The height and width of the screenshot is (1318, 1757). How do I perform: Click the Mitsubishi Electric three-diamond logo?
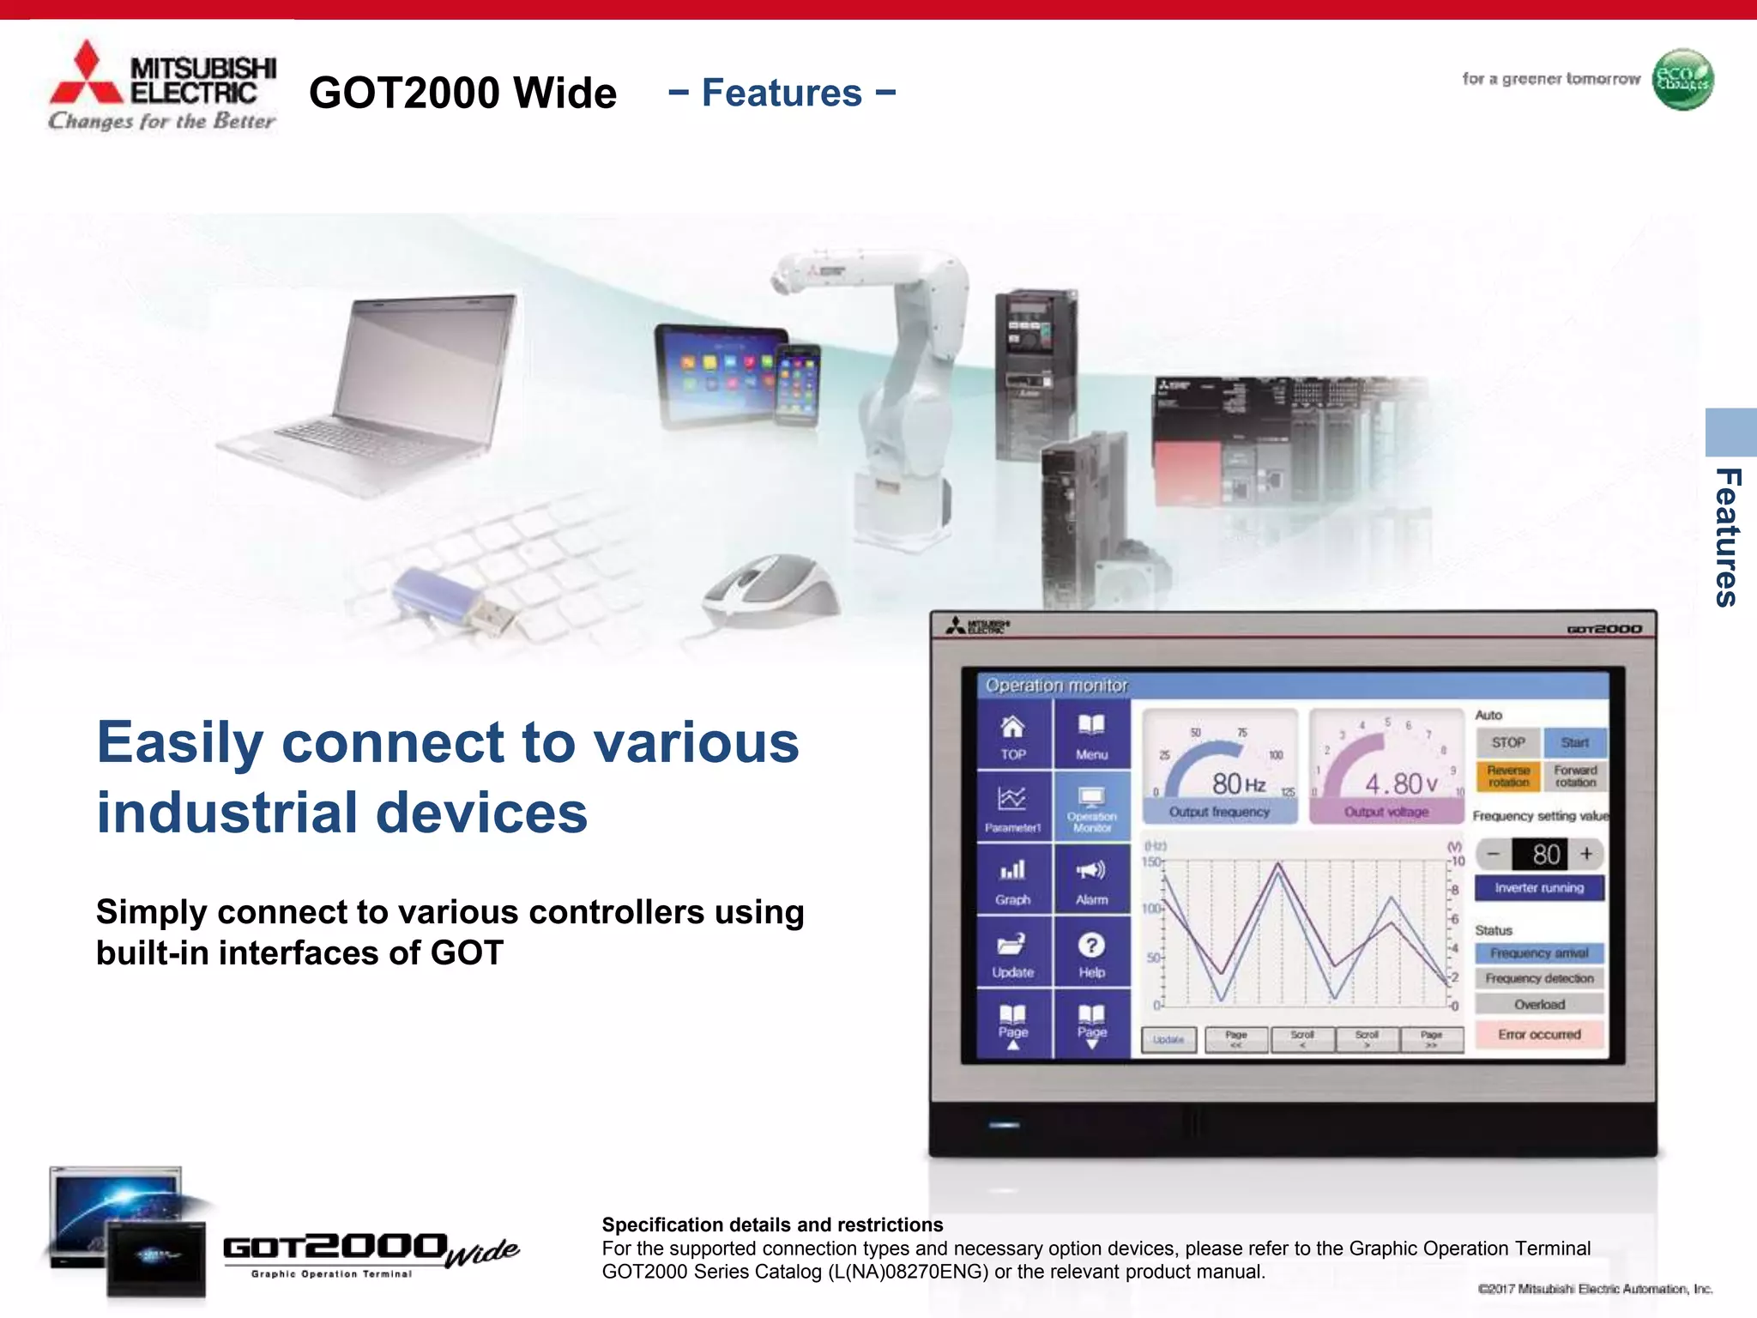86,73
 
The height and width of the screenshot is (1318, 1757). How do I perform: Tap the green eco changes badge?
1682,80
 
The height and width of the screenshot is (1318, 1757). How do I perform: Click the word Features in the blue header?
782,93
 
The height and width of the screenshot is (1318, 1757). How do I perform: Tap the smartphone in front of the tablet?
797,384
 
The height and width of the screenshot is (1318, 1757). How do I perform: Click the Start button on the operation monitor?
1574,742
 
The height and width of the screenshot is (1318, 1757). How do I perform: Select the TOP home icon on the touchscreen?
1013,735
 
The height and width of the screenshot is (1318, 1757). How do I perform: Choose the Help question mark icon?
1091,951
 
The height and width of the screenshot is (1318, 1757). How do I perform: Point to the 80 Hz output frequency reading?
1238,783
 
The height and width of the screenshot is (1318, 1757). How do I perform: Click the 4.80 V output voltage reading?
1400,783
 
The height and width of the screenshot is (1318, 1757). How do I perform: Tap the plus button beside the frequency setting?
1586,854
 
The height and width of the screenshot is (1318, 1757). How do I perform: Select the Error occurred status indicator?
1539,1034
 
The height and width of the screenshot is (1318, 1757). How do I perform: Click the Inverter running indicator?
1539,887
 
